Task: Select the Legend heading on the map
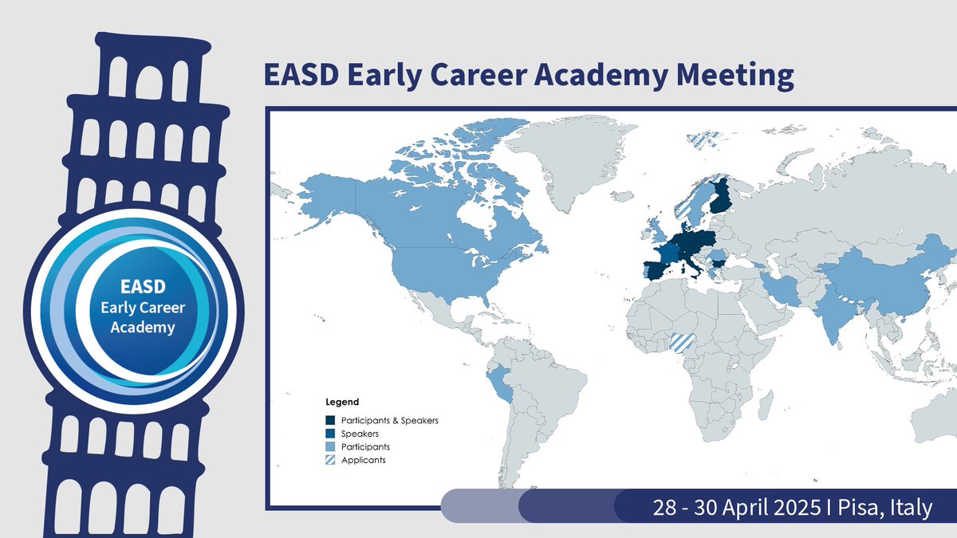[342, 402]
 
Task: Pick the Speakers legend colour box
[329, 434]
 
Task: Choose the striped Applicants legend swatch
[329, 461]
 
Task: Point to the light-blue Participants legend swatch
[329, 447]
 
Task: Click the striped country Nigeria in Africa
[682, 341]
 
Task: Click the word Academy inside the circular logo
[134, 326]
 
